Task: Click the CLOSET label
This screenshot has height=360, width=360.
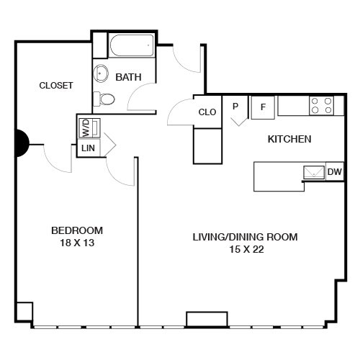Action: point(55,85)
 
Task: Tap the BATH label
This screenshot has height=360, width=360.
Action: point(128,77)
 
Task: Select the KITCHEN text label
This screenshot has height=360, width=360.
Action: point(289,139)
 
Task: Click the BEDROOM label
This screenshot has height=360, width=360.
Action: point(76,230)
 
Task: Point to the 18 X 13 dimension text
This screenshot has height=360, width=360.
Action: point(76,243)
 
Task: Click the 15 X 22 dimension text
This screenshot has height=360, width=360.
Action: point(244,249)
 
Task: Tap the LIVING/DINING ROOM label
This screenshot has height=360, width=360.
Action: point(244,236)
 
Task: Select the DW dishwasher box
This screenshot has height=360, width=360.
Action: point(334,172)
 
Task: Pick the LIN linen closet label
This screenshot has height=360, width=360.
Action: point(89,148)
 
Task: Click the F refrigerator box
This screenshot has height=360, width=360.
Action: point(263,107)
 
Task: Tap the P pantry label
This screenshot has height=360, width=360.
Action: point(235,106)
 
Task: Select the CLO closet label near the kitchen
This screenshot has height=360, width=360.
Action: point(207,112)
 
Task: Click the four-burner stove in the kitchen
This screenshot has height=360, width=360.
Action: point(321,106)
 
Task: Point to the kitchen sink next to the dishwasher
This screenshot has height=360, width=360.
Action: point(313,172)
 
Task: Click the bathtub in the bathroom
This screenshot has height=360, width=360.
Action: point(130,48)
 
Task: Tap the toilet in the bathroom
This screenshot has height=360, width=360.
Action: point(104,99)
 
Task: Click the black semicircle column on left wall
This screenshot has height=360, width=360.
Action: point(22,143)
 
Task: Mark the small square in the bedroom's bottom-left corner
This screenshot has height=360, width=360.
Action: point(24,311)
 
